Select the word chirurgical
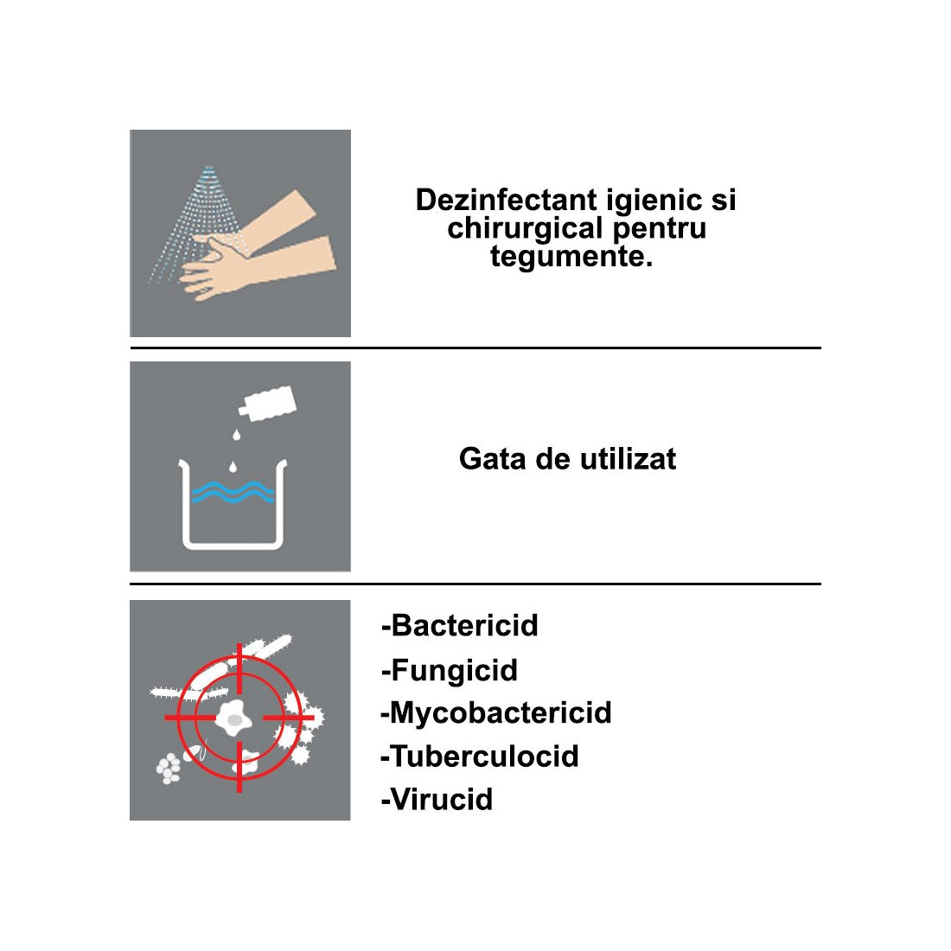[x=526, y=229]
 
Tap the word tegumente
[x=571, y=257]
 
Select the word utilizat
[x=628, y=459]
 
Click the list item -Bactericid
[x=460, y=625]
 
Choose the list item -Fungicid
[x=450, y=671]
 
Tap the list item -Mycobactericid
[x=496, y=713]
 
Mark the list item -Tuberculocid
[x=480, y=756]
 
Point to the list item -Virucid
[x=437, y=800]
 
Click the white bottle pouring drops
[x=267, y=404]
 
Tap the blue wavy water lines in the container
[x=233, y=492]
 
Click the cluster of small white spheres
[x=169, y=769]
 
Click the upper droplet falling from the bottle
[x=237, y=434]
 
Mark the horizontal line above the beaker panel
[x=475, y=348]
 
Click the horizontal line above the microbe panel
[x=475, y=584]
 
